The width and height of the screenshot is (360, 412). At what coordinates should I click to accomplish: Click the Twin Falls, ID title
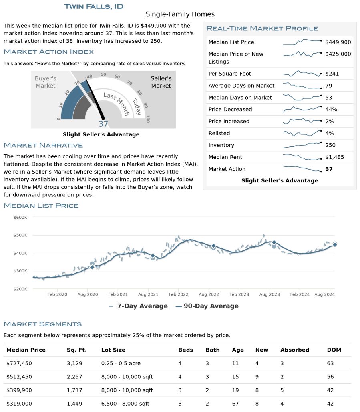(94, 6)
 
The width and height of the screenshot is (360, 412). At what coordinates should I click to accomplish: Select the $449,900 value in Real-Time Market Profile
(338, 42)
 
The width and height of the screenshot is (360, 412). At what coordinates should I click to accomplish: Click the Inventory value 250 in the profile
(330, 145)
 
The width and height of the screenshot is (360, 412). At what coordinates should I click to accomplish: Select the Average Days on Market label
(241, 86)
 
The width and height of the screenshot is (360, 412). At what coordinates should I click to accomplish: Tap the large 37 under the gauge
(103, 124)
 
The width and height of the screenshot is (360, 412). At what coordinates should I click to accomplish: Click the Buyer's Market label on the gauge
(45, 82)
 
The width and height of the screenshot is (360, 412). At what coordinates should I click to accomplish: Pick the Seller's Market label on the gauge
(161, 82)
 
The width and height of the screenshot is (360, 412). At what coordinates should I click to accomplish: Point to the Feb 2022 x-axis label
(178, 294)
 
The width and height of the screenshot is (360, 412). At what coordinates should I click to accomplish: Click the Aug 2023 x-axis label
(269, 294)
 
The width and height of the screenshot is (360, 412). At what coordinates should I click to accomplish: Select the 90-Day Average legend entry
(207, 306)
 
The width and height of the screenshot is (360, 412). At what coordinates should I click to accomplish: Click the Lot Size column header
(113, 350)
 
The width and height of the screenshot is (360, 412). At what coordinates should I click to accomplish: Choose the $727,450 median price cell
(19, 363)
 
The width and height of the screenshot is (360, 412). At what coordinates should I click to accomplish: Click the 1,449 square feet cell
(74, 404)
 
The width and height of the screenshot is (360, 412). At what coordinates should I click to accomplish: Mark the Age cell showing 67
(235, 404)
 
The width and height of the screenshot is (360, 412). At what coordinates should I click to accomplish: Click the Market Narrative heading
(43, 145)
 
